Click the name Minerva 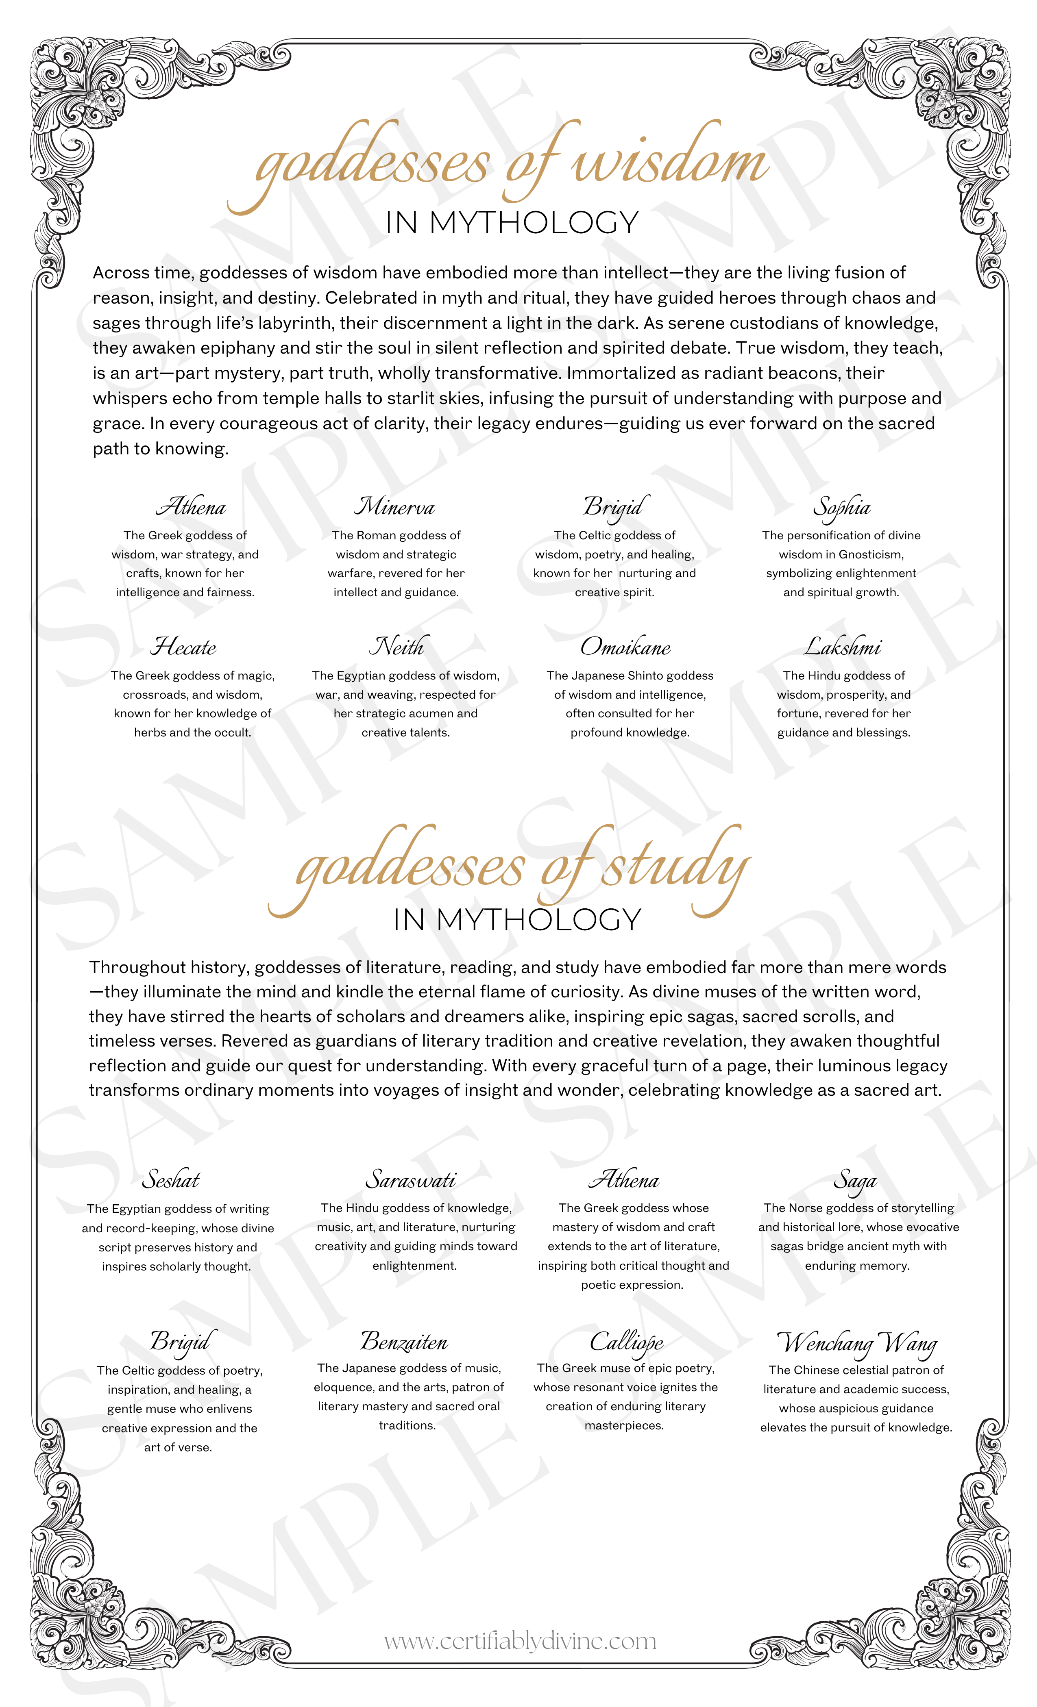click(394, 507)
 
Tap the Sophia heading click(841, 508)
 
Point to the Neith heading click(398, 647)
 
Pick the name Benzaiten click(404, 1342)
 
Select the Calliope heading click(627, 1342)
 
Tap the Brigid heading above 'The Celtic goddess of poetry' click(179, 1342)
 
